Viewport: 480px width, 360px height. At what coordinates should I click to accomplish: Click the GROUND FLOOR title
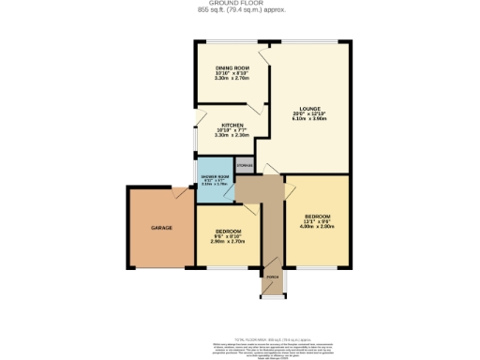pyautogui.click(x=240, y=4)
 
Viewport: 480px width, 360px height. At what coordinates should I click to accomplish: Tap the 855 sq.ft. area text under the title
pyautogui.click(x=240, y=10)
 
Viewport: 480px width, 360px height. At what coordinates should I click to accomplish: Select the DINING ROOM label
pyautogui.click(x=232, y=68)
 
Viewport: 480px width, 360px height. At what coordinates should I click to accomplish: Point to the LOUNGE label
pyautogui.click(x=310, y=109)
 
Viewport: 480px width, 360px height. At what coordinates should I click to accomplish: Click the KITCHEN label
pyautogui.click(x=232, y=125)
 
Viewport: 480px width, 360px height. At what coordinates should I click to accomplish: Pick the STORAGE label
pyautogui.click(x=245, y=166)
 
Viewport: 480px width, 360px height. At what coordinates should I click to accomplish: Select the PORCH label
pyautogui.click(x=272, y=278)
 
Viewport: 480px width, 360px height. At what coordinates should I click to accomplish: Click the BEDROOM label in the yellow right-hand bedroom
pyautogui.click(x=316, y=217)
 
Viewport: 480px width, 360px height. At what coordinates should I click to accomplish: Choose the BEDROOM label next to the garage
pyautogui.click(x=230, y=231)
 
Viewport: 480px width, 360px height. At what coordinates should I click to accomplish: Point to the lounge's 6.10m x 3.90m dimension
pyautogui.click(x=310, y=119)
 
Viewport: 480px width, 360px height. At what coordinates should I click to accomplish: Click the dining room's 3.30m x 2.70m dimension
pyautogui.click(x=232, y=80)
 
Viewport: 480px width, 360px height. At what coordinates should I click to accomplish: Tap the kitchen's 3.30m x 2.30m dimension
pyautogui.click(x=232, y=136)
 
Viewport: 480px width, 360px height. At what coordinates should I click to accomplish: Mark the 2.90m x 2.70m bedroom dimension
pyautogui.click(x=230, y=242)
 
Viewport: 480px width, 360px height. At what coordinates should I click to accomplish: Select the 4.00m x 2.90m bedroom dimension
pyautogui.click(x=316, y=228)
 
